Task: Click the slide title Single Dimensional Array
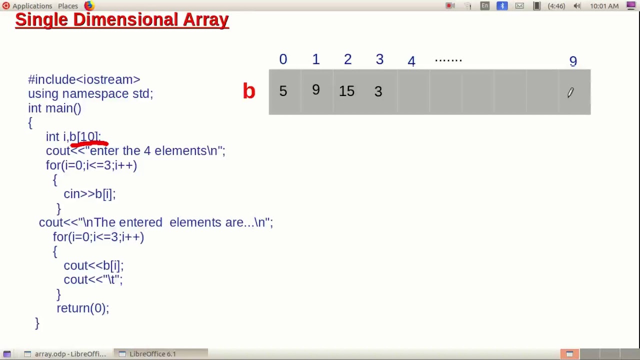(x=122, y=20)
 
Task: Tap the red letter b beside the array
(x=249, y=91)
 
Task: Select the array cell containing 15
(x=346, y=91)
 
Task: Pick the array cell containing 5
(x=283, y=91)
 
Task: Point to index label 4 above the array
(x=411, y=61)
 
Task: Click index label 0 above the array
(x=283, y=59)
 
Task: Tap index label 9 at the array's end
(x=573, y=61)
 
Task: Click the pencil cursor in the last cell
(x=570, y=93)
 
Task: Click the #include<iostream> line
(x=84, y=79)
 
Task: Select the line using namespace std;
(x=90, y=93)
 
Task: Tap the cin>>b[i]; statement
(x=89, y=194)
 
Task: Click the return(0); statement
(x=82, y=308)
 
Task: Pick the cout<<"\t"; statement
(x=93, y=279)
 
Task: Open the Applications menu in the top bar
(x=32, y=6)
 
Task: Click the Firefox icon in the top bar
(x=89, y=6)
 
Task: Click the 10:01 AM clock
(x=604, y=6)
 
